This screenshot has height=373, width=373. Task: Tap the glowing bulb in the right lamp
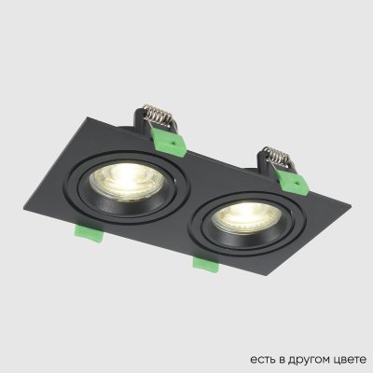click(236, 219)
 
